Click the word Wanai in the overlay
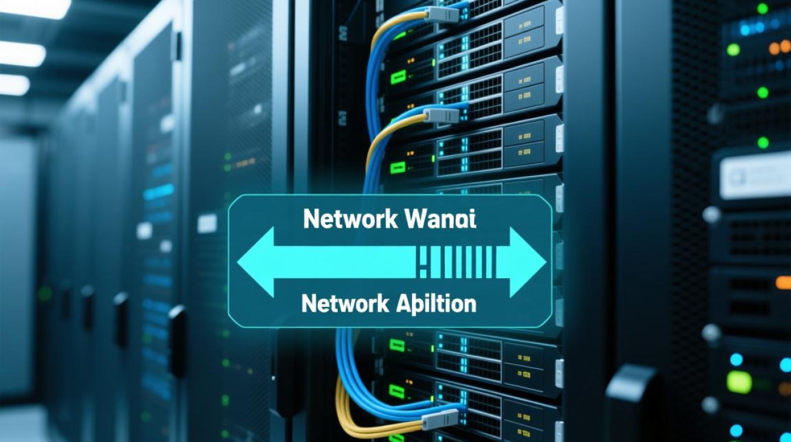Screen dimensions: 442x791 point(441,220)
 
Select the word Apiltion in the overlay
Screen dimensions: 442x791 point(434,304)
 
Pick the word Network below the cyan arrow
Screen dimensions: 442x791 point(345,304)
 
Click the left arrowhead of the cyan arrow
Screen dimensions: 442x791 point(256,262)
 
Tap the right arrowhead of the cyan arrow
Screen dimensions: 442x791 point(527,262)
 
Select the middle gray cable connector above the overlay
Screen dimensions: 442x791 point(440,114)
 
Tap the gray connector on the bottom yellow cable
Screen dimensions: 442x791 point(438,418)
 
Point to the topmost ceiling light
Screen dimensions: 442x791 point(35,8)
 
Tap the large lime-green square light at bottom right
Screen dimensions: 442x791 point(739,382)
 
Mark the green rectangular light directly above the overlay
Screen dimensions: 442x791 point(398,167)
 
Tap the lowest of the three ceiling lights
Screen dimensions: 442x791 point(13,85)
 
